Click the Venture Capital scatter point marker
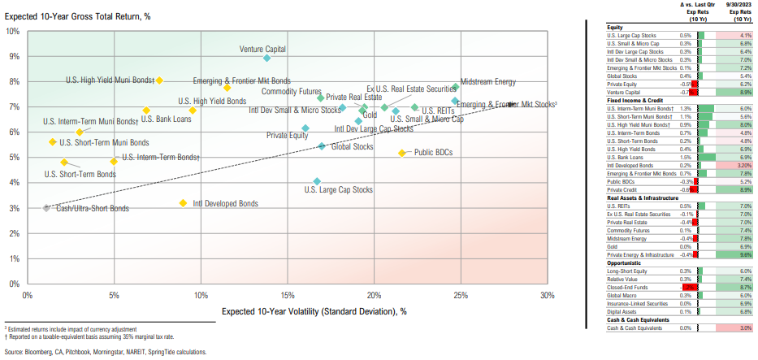click(x=267, y=58)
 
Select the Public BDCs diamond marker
click(x=401, y=153)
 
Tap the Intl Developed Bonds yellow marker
click(x=183, y=203)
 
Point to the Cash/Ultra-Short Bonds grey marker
click(x=46, y=209)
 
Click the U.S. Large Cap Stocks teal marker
click(x=317, y=181)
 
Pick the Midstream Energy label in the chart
click(x=487, y=82)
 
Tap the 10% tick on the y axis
click(x=13, y=31)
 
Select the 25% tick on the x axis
click(x=461, y=295)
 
